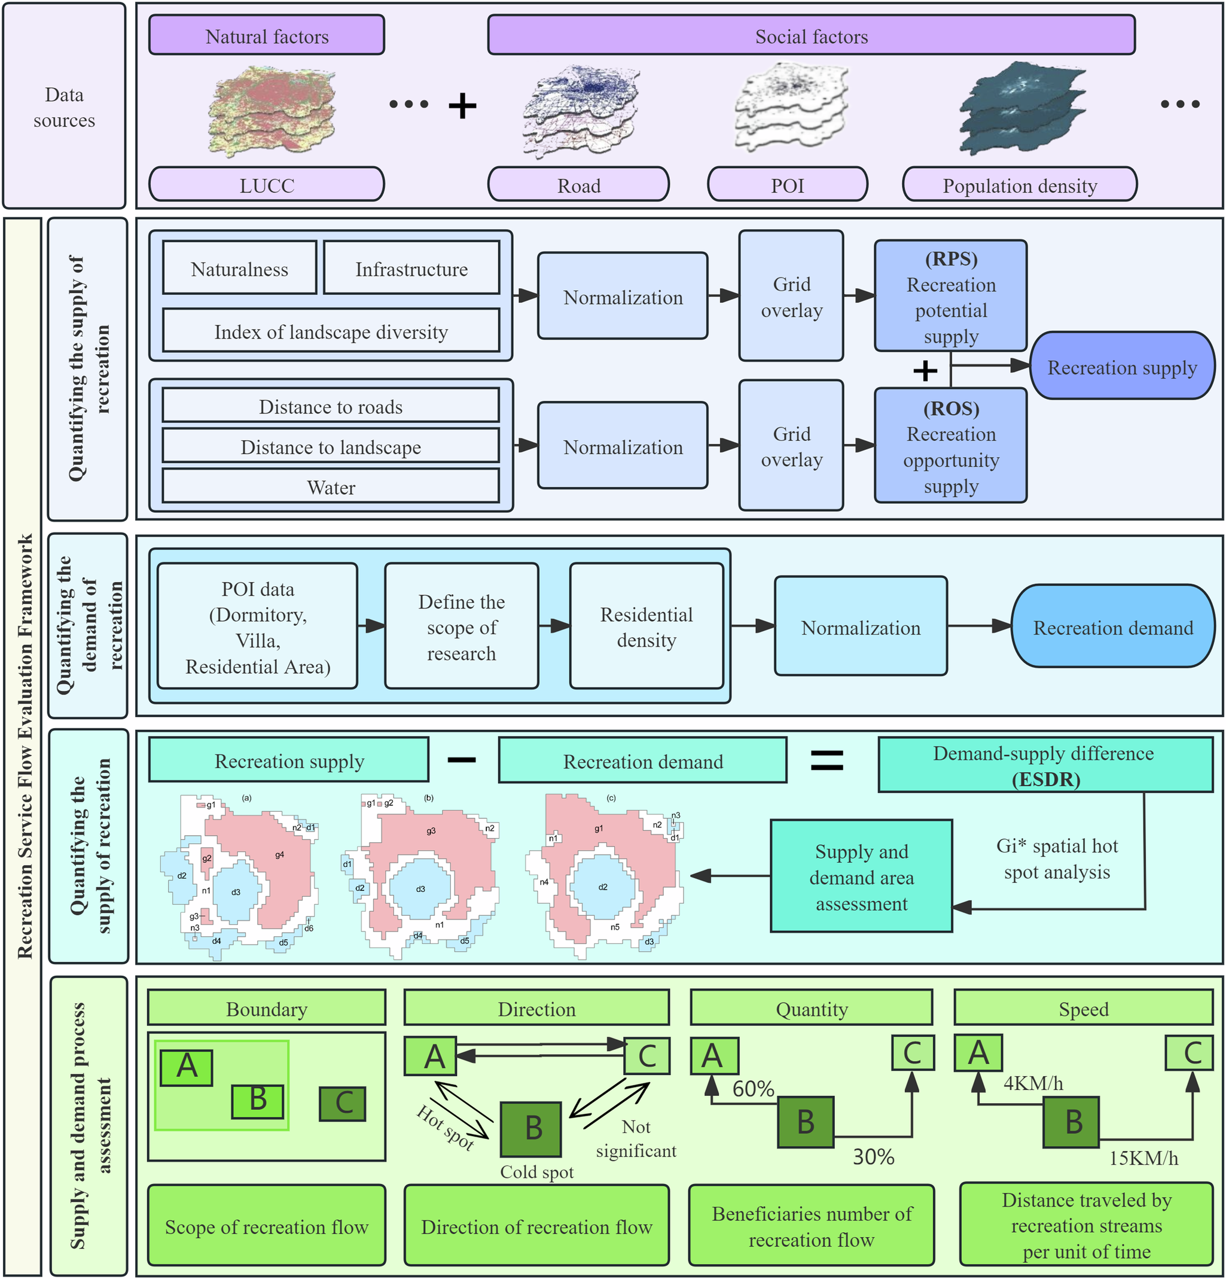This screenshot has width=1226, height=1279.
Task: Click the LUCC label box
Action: pos(266,185)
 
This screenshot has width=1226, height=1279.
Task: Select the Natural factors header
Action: pos(266,36)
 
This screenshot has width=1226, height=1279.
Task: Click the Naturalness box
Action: pos(239,269)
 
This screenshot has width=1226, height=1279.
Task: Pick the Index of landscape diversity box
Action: pos(330,331)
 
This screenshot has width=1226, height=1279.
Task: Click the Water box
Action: pos(330,487)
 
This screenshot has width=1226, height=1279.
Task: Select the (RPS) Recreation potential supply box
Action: pos(950,297)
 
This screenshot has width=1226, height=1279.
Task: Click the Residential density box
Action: pos(646,626)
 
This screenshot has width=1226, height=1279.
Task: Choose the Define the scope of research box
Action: pos(460,626)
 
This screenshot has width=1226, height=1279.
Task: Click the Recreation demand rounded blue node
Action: pos(1112,627)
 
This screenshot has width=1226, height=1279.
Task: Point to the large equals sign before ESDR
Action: pos(826,760)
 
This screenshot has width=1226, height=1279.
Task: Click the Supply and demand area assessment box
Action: pos(861,876)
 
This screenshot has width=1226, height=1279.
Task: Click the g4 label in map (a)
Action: pos(279,855)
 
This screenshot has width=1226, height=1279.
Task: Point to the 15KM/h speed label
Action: pos(1143,1158)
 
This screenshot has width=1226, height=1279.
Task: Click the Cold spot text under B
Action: pos(536,1172)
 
